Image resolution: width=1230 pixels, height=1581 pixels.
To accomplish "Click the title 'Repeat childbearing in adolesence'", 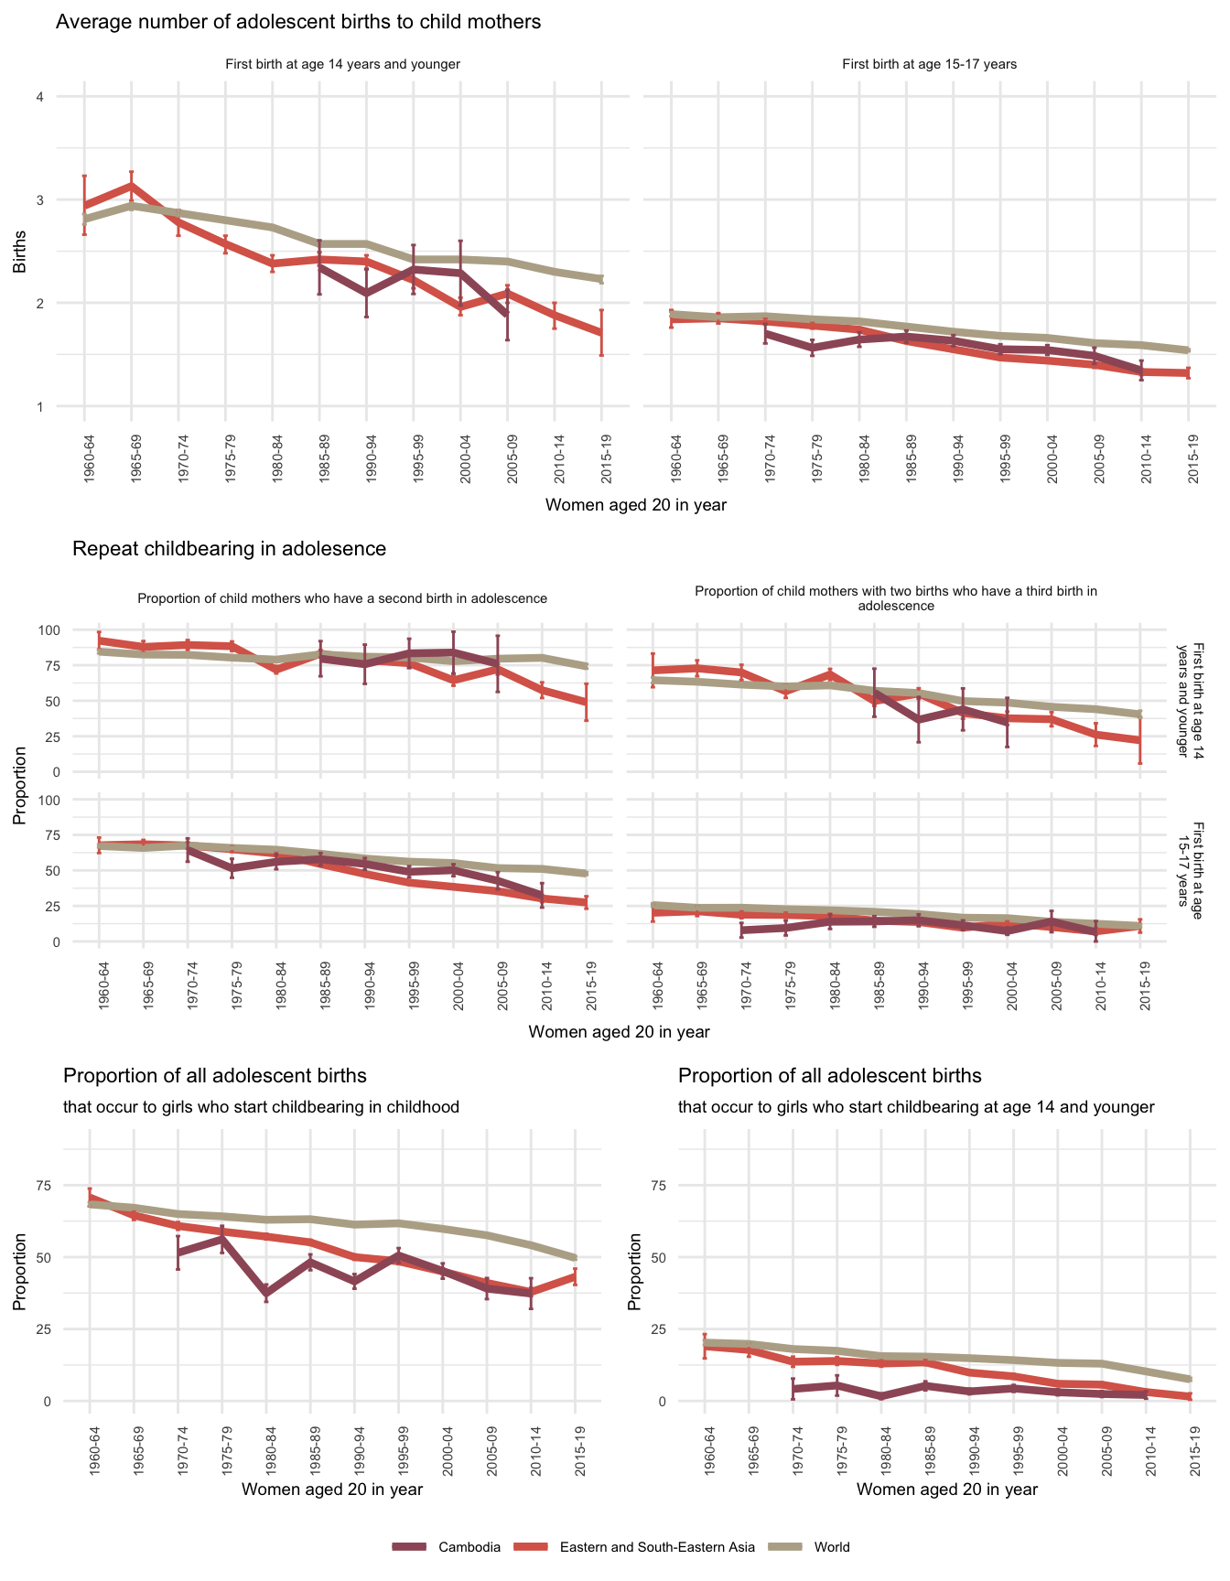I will coord(229,549).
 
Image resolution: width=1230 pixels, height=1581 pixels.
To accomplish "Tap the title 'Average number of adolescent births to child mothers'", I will coord(298,22).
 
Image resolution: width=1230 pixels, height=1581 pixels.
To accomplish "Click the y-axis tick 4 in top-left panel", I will coord(39,97).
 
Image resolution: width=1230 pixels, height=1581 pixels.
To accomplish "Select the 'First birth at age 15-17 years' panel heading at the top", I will coord(929,64).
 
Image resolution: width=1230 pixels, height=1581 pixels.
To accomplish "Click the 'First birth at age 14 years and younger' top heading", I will coord(342,64).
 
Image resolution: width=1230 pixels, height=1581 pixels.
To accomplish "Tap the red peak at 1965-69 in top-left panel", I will coord(131,186).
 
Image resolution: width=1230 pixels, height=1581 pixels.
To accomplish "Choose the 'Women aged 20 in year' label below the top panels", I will coord(635,504).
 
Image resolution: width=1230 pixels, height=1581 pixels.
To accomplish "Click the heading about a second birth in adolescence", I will coord(342,598).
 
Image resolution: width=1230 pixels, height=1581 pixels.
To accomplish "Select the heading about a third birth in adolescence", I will coord(895,598).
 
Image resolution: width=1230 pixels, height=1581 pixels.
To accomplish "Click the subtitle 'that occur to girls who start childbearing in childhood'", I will coord(261,1107).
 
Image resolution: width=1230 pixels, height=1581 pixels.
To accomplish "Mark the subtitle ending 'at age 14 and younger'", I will coord(916,1107).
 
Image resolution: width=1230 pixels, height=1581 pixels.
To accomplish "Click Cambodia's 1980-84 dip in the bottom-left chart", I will coord(266,1293).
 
